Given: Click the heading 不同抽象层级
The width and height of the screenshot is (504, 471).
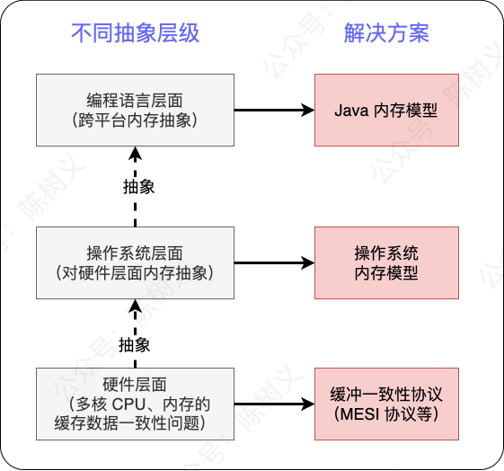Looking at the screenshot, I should coord(135,34).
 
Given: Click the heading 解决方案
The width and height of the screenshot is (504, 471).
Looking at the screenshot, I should coord(386,34).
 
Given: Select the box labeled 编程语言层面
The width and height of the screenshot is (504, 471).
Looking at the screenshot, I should coord(135,110).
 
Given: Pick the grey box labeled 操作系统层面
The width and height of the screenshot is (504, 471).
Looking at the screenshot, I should coord(135,262).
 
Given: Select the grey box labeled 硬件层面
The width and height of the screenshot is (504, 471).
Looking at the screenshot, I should coord(135,404).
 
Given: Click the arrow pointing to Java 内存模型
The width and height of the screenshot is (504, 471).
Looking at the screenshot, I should coord(274,111).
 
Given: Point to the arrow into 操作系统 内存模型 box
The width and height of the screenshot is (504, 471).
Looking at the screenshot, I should coord(274,262).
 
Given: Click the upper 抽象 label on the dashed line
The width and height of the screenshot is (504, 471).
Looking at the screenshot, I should coord(138,186).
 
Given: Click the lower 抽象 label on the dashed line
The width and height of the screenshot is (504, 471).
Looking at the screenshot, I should coord(135,344).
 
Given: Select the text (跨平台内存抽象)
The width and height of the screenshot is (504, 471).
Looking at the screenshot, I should coord(135,120).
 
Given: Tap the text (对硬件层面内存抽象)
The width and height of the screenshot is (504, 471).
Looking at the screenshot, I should coord(135,271).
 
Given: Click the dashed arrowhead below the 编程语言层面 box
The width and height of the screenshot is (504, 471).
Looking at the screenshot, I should coord(135,154).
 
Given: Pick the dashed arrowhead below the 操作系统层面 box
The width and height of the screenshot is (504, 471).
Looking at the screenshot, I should coord(135,307).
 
